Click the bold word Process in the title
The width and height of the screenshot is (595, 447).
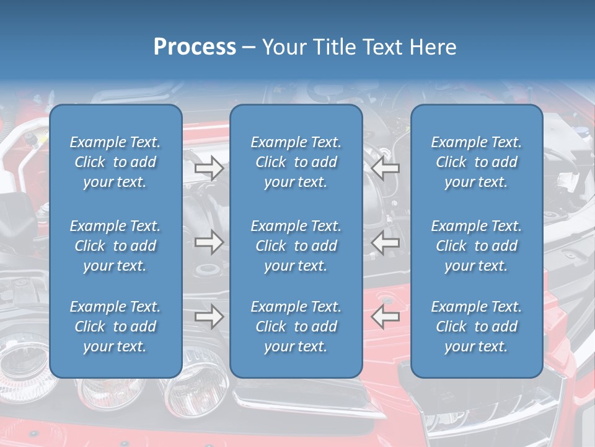pyautogui.click(x=195, y=47)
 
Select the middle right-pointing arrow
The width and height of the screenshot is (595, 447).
pyautogui.click(x=209, y=242)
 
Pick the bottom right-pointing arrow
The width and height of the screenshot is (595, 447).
pyautogui.click(x=209, y=317)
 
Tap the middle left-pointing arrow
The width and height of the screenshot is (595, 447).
pyautogui.click(x=386, y=243)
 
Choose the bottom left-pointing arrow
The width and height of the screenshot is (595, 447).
pyautogui.click(x=386, y=317)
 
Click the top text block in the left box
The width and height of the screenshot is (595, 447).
pyautogui.click(x=115, y=162)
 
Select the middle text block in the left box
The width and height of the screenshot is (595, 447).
pyautogui.click(x=115, y=246)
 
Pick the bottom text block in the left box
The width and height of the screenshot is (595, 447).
pyautogui.click(x=115, y=327)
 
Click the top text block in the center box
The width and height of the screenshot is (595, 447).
pyautogui.click(x=296, y=162)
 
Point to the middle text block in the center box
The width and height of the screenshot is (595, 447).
pyautogui.click(x=296, y=246)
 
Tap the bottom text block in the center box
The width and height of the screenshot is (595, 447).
pyautogui.click(x=296, y=327)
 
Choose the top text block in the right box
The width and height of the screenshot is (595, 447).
pyautogui.click(x=477, y=162)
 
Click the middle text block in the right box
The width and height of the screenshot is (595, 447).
pyautogui.click(x=477, y=246)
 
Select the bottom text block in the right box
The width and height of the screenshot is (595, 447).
pyautogui.click(x=477, y=327)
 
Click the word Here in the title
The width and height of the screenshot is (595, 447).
pyautogui.click(x=434, y=47)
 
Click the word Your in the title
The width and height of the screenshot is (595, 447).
pyautogui.click(x=284, y=47)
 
